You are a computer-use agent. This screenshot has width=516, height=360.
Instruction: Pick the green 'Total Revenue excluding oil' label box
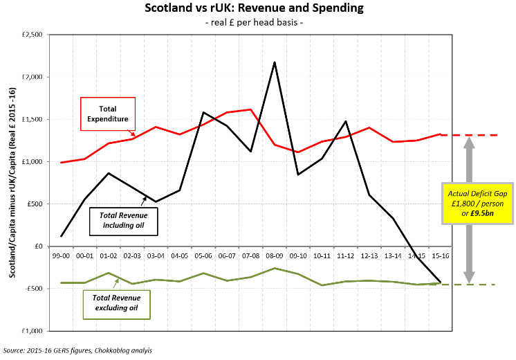(x=116, y=304)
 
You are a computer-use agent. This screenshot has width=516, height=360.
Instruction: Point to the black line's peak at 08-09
(x=275, y=62)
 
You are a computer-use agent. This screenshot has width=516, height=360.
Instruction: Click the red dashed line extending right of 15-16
(x=477, y=135)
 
